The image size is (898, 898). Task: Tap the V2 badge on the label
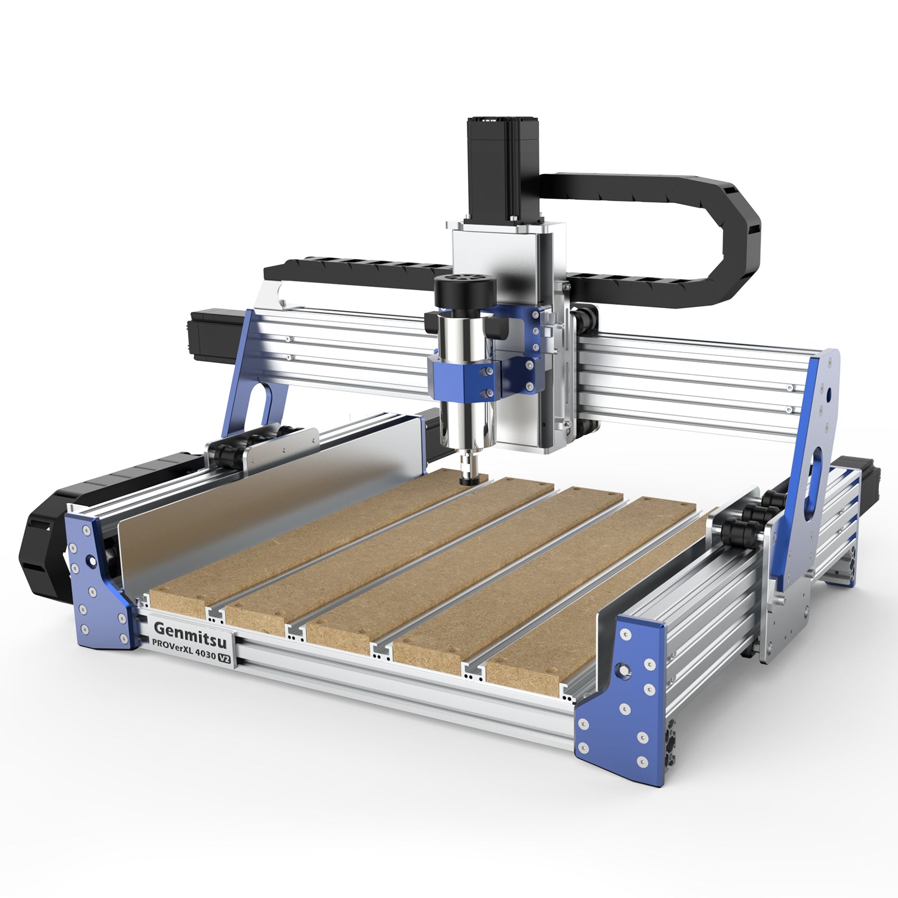[x=224, y=659]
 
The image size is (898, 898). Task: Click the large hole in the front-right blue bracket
[x=622, y=668]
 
